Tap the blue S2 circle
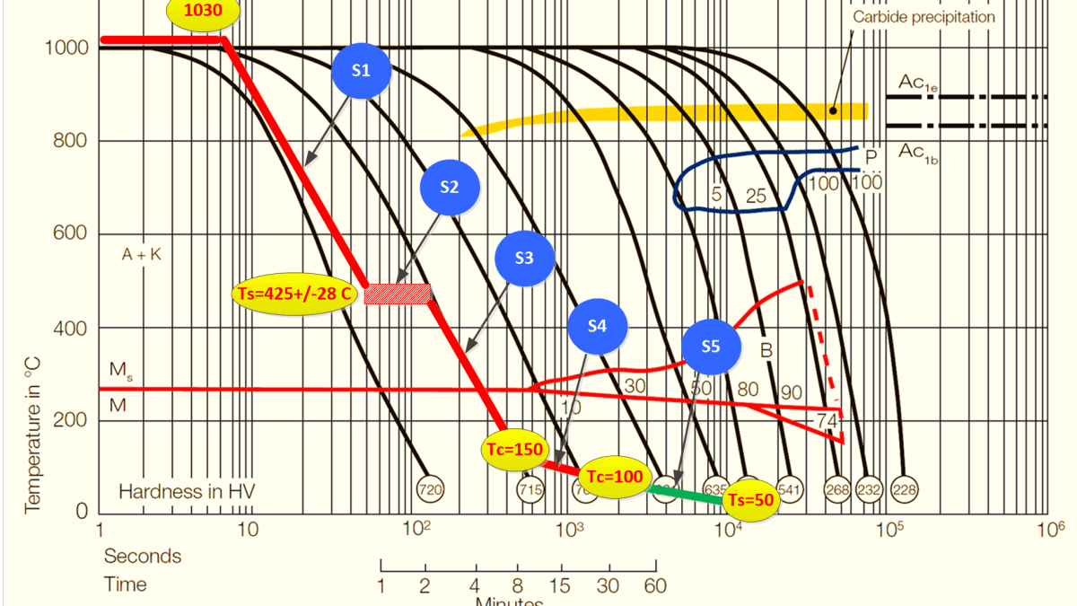(450, 187)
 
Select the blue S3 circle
(524, 259)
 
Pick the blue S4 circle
(598, 326)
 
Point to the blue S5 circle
(711, 346)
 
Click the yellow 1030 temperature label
(204, 13)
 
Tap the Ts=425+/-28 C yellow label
(294, 294)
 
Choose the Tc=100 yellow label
(615, 477)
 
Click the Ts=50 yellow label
(751, 501)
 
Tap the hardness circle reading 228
(904, 488)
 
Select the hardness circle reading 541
(791, 488)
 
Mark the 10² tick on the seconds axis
(414, 529)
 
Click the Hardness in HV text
(187, 491)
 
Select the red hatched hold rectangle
(398, 294)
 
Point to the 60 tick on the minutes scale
(655, 585)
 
